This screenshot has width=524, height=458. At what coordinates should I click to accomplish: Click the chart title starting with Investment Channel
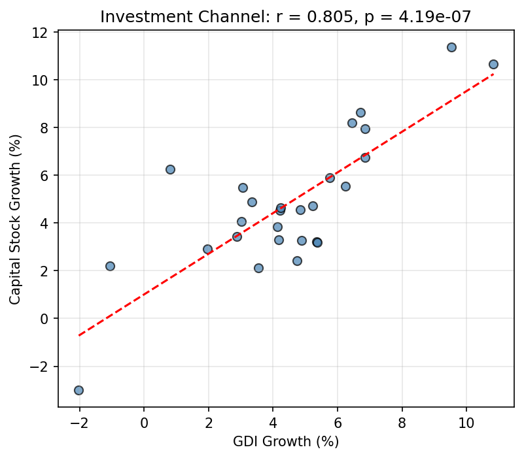point(286,17)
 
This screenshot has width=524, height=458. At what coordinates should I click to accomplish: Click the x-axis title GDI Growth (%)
point(286,442)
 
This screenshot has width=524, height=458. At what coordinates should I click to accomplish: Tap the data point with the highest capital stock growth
point(451,47)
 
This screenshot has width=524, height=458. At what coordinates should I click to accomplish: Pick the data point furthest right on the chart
point(493,64)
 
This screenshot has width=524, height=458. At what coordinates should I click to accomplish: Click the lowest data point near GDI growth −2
point(79,390)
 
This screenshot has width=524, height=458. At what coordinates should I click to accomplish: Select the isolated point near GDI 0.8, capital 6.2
point(170,169)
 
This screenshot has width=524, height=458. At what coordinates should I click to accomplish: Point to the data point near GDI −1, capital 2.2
point(110,266)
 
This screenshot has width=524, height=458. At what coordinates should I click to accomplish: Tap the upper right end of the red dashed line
point(493,74)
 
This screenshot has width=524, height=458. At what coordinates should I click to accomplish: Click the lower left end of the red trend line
point(79,335)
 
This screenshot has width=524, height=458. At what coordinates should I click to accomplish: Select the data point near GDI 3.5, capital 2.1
point(258,268)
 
